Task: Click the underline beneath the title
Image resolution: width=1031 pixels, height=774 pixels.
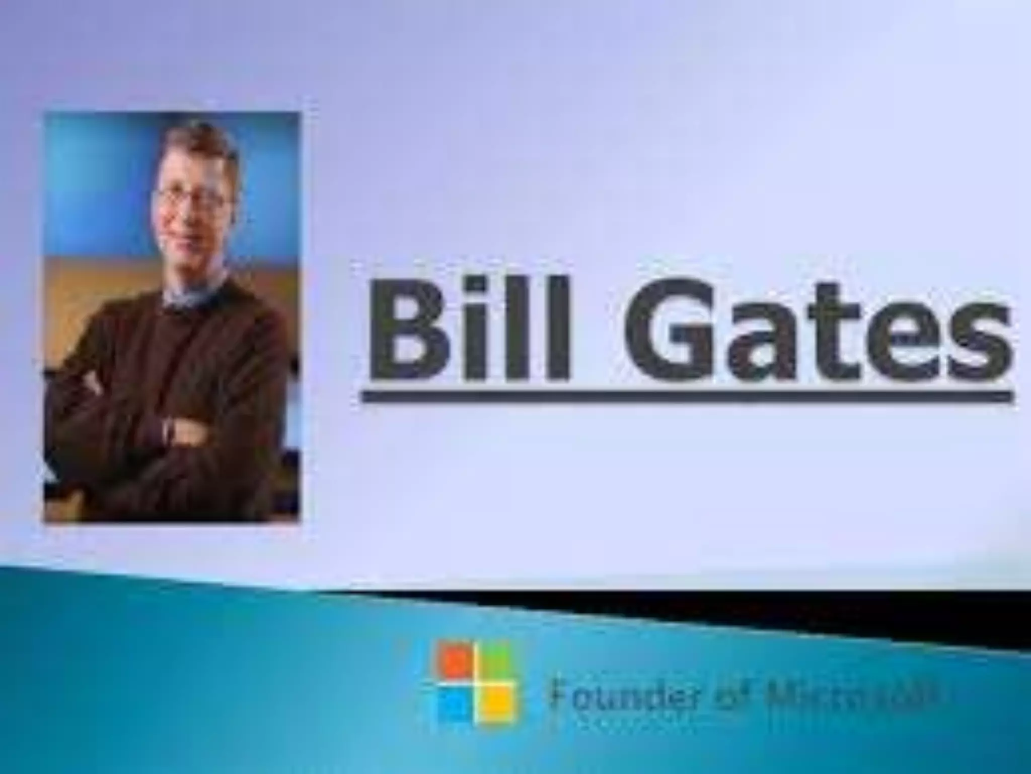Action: (x=687, y=398)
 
